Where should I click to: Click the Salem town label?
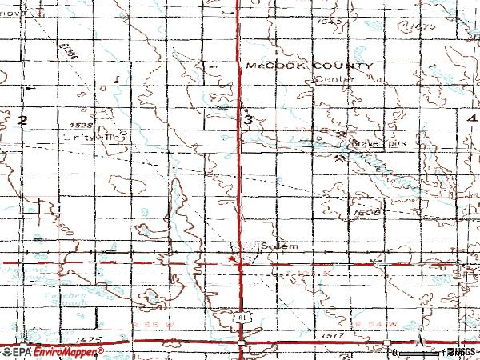click(x=278, y=246)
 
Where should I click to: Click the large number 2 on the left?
click(x=22, y=120)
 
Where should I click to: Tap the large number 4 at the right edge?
click(x=472, y=118)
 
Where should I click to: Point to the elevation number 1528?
click(x=81, y=126)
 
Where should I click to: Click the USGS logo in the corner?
click(x=461, y=352)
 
